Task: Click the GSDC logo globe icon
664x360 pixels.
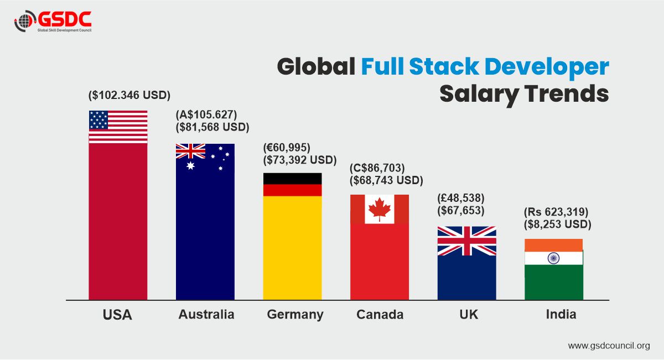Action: pyautogui.click(x=24, y=22)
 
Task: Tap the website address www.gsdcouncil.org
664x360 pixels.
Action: pyautogui.click(x=609, y=346)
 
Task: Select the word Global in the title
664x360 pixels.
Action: pyautogui.click(x=316, y=67)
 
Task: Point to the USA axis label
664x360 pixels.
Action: pyautogui.click(x=117, y=315)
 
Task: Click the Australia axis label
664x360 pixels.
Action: pyautogui.click(x=206, y=315)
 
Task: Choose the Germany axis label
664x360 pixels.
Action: pyautogui.click(x=295, y=315)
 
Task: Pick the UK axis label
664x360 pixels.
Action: pyautogui.click(x=468, y=315)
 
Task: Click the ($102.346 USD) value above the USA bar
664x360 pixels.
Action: pyautogui.click(x=129, y=95)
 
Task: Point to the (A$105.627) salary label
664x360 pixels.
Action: pyautogui.click(x=206, y=115)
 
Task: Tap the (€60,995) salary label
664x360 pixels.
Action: pyautogui.click(x=287, y=148)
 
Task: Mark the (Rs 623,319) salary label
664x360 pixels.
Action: pyautogui.click(x=556, y=212)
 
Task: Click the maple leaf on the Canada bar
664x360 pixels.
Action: pyautogui.click(x=380, y=209)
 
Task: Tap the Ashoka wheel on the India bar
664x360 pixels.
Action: pyautogui.click(x=553, y=258)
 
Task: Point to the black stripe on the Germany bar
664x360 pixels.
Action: pyautogui.click(x=292, y=179)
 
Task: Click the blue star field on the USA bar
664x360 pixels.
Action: pyautogui.click(x=98, y=118)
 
